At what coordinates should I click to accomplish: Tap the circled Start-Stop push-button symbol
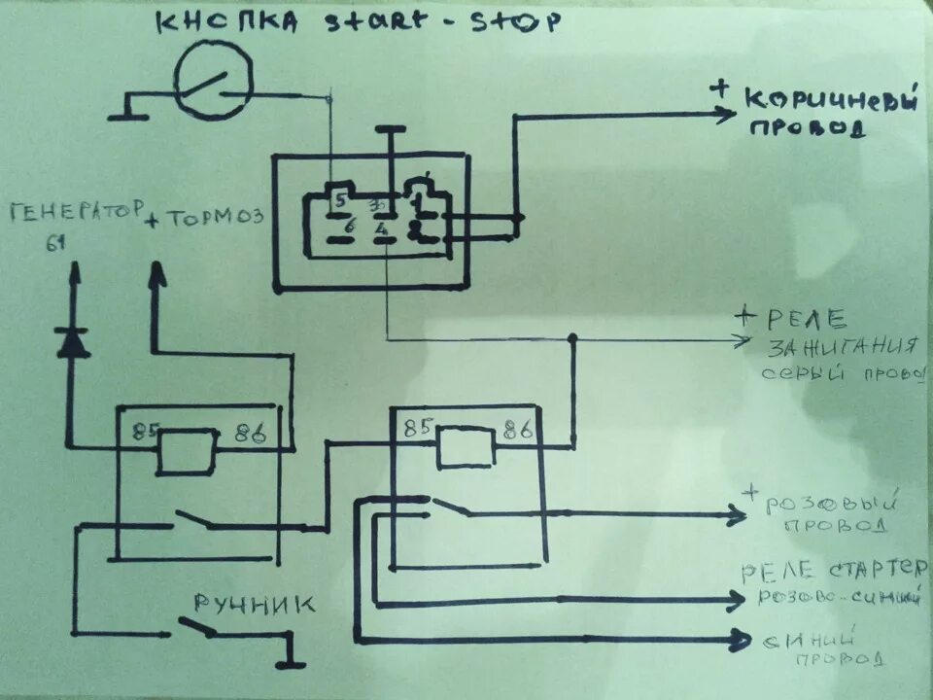213,83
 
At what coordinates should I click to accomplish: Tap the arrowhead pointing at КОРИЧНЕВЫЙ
723,115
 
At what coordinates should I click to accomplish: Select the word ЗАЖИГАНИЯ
843,347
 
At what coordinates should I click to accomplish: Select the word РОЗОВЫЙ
828,504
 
